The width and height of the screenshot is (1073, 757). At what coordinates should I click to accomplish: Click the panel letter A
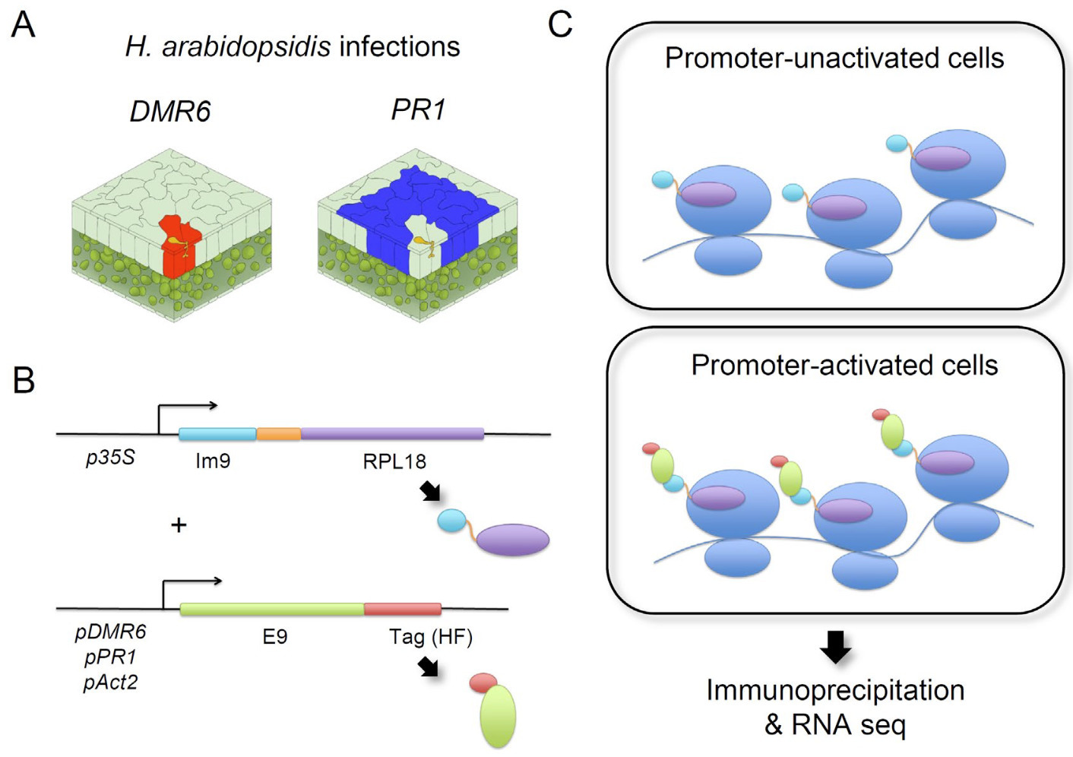23,25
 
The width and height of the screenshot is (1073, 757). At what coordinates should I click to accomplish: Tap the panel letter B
24,379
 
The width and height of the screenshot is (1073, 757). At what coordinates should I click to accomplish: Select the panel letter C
560,24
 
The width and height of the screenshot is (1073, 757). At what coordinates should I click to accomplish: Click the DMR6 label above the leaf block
169,112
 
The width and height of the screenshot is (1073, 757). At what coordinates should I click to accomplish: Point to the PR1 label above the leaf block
417,110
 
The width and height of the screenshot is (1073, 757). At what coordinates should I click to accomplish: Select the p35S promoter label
110,458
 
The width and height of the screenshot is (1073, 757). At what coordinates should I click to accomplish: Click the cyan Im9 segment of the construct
217,434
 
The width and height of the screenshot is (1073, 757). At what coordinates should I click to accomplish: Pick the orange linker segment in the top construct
278,434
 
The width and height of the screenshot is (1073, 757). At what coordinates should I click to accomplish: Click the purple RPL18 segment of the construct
391,434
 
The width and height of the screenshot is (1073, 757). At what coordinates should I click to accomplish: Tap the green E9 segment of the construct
271,609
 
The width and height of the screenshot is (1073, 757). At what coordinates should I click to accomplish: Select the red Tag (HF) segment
402,609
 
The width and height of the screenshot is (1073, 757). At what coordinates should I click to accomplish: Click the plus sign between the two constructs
179,524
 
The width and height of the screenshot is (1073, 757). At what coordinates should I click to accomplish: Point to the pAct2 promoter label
111,682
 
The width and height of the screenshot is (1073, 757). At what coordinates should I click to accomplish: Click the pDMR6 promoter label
111,632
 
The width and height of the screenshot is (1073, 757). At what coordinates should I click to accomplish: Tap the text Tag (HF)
430,636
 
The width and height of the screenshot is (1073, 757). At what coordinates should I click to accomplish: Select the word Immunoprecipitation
835,690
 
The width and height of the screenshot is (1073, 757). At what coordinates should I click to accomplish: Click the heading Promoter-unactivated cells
834,59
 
